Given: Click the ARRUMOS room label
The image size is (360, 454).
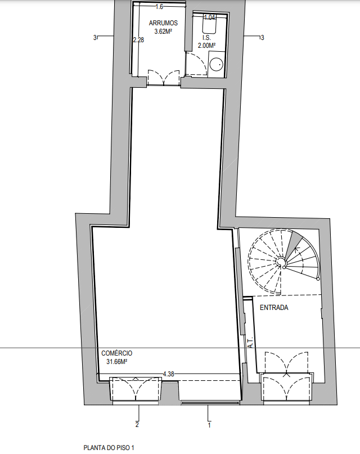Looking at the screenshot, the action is tap(163, 23).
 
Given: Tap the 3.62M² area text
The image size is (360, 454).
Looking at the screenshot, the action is tap(163, 32).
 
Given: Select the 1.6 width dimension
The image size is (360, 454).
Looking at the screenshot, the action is tap(159, 7).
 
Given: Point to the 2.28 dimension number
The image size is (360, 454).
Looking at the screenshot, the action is tap(138, 40).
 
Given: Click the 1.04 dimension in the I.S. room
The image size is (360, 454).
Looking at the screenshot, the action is tap(209, 17).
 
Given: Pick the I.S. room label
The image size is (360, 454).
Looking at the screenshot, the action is tap(206, 38).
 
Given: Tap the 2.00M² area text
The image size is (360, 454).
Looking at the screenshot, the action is tap(206, 46).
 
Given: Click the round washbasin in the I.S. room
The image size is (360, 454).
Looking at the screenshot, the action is tap(217, 64).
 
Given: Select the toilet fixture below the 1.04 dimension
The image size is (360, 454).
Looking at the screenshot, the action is tap(209, 25).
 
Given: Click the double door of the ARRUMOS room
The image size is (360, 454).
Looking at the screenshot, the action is tap(164, 78).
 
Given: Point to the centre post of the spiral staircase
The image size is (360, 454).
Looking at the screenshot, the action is tap(280, 262).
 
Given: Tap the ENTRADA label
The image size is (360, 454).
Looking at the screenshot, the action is tap(274, 308).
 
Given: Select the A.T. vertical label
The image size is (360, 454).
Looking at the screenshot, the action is tap(251, 342).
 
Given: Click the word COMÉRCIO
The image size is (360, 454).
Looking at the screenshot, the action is tap(116, 353).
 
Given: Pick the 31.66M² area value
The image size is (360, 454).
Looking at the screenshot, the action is tap(117, 361).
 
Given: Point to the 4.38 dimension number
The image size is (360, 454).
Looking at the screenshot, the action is tap(168, 374).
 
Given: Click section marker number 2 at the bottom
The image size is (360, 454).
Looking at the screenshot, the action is tap(137, 425).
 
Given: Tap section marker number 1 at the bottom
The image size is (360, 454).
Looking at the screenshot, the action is tap(209, 425).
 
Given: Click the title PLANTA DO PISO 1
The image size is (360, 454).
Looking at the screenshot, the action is tap(109, 448).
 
